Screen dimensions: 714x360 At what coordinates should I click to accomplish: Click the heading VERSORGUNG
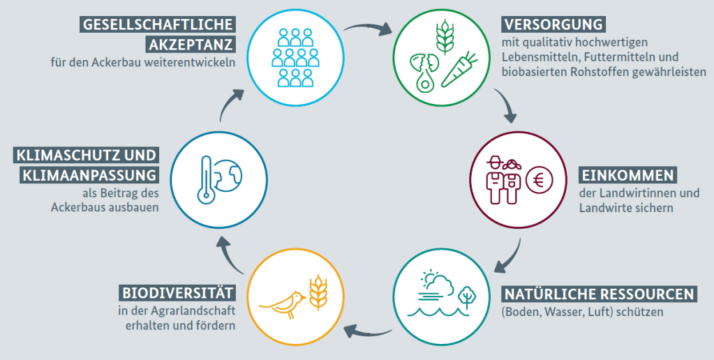[553, 24]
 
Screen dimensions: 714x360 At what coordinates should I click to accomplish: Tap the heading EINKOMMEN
[627, 175]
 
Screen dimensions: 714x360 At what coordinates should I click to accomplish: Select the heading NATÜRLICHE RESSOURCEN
[599, 294]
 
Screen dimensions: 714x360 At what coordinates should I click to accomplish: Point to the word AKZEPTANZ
[191, 45]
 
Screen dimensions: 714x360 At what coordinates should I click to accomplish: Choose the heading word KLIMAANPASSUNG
[89, 175]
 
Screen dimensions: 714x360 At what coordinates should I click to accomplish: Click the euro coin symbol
[540, 181]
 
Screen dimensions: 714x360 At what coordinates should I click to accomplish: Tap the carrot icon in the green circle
[458, 70]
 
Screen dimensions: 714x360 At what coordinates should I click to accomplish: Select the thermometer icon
[207, 179]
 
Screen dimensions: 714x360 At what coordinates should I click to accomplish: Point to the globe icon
[229, 176]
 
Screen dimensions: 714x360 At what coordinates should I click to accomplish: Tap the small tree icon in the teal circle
[466, 297]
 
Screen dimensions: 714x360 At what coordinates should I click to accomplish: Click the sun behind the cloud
[428, 276]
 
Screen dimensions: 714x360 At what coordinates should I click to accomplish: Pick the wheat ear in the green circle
[445, 36]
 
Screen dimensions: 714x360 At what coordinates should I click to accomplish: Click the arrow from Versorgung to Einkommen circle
[506, 105]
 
